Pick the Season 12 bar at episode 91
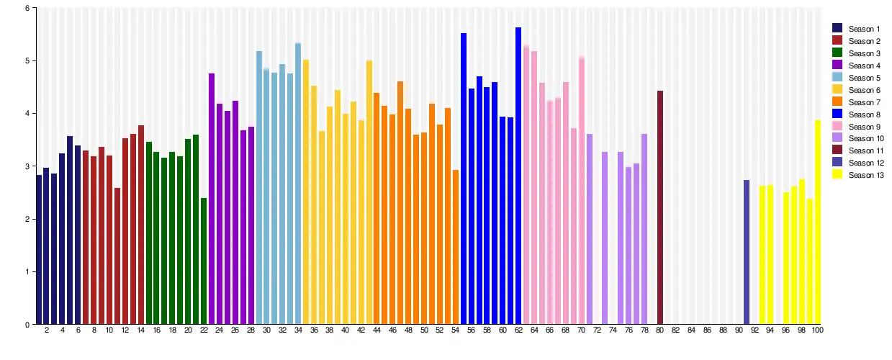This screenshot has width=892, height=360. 747,252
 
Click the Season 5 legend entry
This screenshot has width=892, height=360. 864,78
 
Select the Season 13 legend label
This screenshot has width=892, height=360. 866,176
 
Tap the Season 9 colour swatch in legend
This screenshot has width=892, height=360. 837,127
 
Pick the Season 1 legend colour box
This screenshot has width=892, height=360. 837,29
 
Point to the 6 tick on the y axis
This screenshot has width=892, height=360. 27,9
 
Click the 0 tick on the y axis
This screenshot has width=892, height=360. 27,325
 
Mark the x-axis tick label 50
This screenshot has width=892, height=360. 424,330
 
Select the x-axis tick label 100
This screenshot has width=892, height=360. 817,330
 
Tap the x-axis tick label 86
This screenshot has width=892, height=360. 707,330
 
